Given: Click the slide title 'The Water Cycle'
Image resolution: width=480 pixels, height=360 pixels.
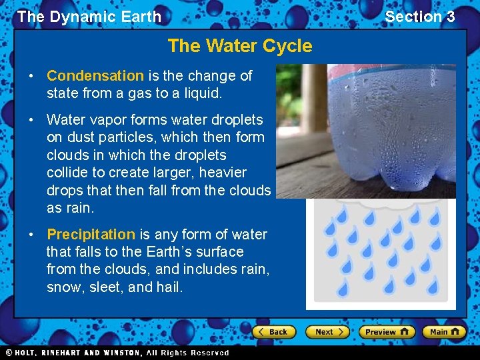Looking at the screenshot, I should click(x=240, y=46).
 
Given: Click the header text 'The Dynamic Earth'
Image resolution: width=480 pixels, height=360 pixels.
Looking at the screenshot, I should click(x=89, y=17).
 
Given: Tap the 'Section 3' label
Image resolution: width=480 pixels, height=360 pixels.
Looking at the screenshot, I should click(x=420, y=17).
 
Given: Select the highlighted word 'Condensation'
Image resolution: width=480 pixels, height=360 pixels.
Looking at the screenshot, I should click(x=95, y=76).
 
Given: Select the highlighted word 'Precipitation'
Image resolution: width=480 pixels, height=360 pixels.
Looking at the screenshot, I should click(x=91, y=235).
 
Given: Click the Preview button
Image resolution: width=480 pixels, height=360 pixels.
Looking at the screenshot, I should click(x=387, y=332).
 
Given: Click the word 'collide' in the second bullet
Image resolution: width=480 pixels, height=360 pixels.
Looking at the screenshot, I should click(x=68, y=173).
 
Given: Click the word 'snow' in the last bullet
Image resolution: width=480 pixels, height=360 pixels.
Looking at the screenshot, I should click(x=65, y=287).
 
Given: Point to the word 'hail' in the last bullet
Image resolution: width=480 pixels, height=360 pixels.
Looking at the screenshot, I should click(x=169, y=287).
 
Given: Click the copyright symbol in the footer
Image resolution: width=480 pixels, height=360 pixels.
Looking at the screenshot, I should click(x=9, y=353).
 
